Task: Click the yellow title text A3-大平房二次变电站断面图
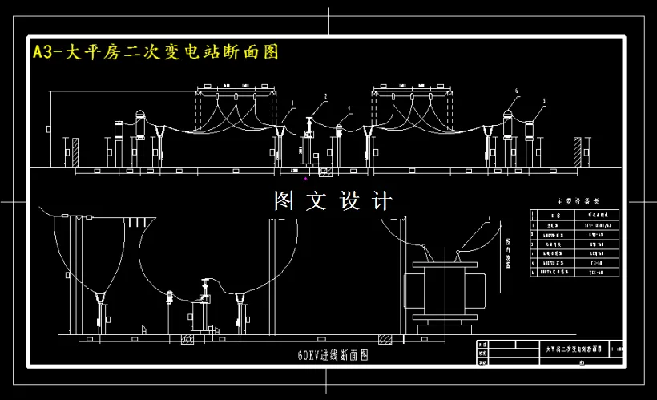coord(155,53)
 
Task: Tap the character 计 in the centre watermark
coord(382,201)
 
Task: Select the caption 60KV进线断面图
coord(332,354)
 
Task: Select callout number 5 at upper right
coord(544,102)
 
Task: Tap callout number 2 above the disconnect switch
coord(325,96)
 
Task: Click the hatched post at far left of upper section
coord(75,153)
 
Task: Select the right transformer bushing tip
coord(457,254)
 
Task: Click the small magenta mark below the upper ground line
coord(305,180)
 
